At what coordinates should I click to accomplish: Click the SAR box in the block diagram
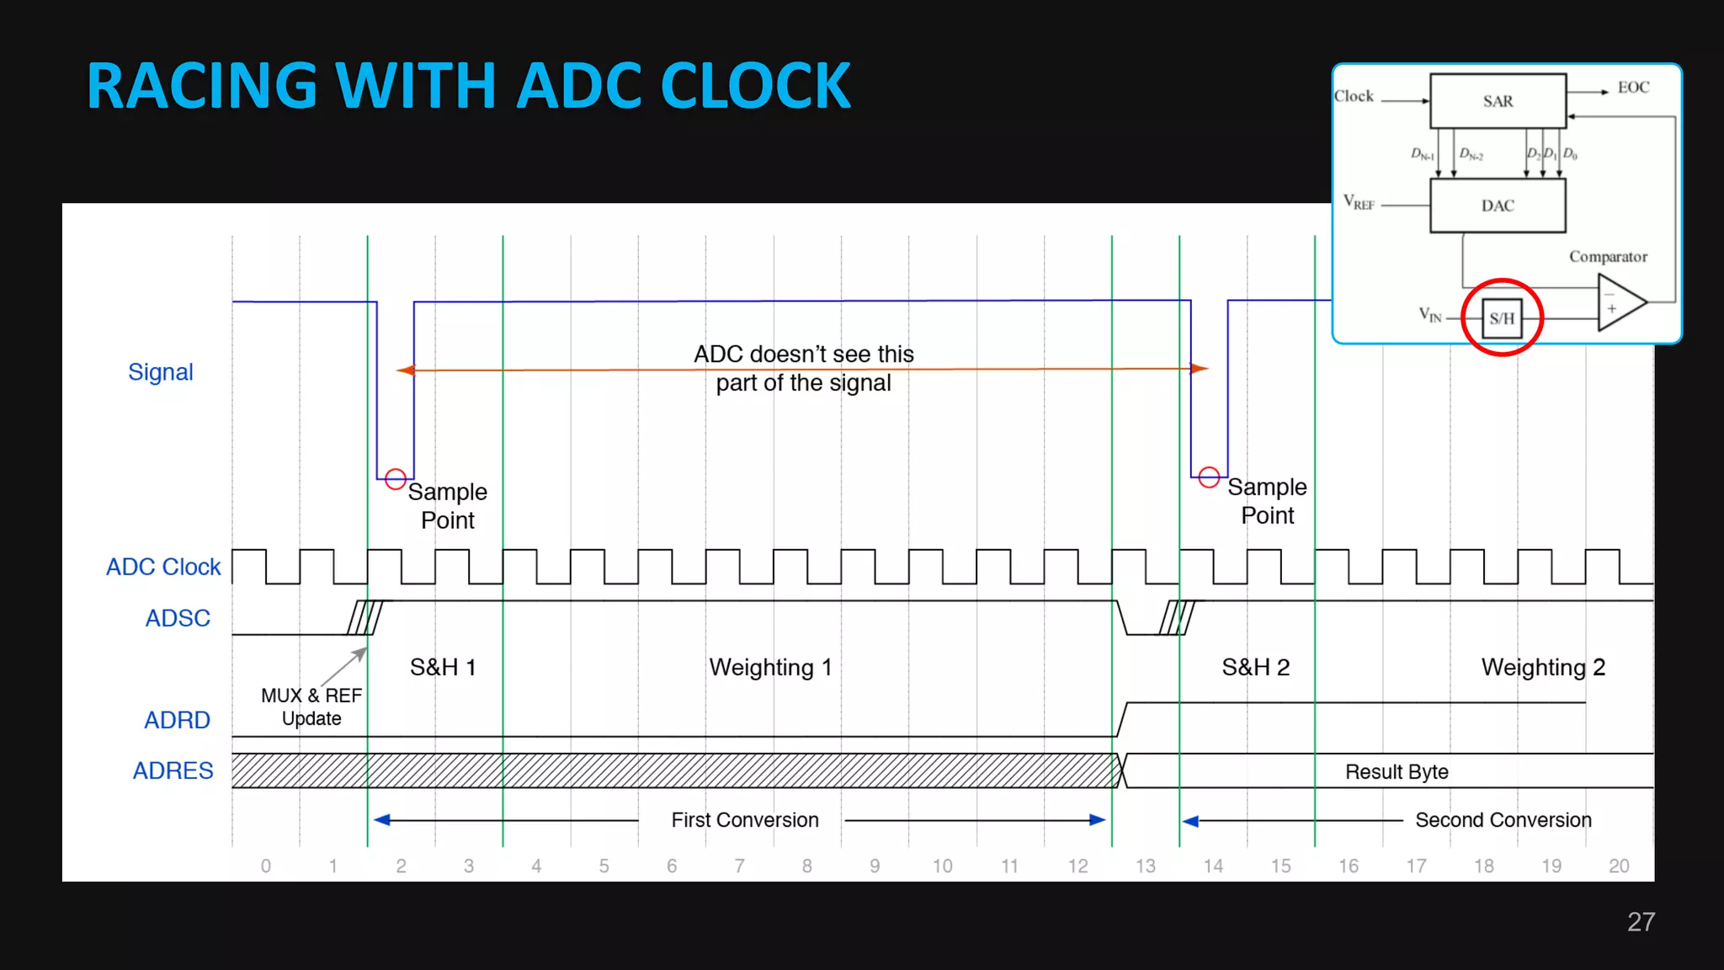[1498, 101]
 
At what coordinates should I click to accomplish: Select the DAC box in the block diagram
[1498, 205]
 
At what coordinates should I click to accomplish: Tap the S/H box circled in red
[1502, 318]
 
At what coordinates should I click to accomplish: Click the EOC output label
[1633, 88]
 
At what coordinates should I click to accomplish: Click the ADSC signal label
[178, 618]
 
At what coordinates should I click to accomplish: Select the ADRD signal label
[177, 720]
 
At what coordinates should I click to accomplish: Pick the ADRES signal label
[173, 770]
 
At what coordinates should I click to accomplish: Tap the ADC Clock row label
[163, 567]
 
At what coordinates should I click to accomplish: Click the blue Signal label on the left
[161, 372]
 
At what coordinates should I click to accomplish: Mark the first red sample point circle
[396, 479]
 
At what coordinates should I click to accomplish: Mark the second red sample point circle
[1209, 477]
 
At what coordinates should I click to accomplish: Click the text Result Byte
[1397, 771]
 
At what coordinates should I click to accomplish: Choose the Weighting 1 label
[770, 667]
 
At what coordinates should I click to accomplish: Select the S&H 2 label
[1255, 667]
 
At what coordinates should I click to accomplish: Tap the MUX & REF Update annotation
[311, 706]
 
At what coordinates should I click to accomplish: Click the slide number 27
[1641, 922]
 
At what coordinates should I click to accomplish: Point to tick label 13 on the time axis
[1145, 866]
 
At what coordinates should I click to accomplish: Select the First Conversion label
[745, 819]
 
